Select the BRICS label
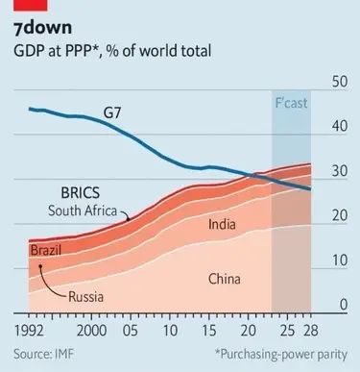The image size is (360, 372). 87,191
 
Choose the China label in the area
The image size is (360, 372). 229,279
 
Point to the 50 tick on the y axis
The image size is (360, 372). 337,83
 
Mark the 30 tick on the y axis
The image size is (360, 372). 337,172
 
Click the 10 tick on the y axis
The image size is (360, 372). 337,260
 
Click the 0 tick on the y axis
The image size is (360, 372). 341,305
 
